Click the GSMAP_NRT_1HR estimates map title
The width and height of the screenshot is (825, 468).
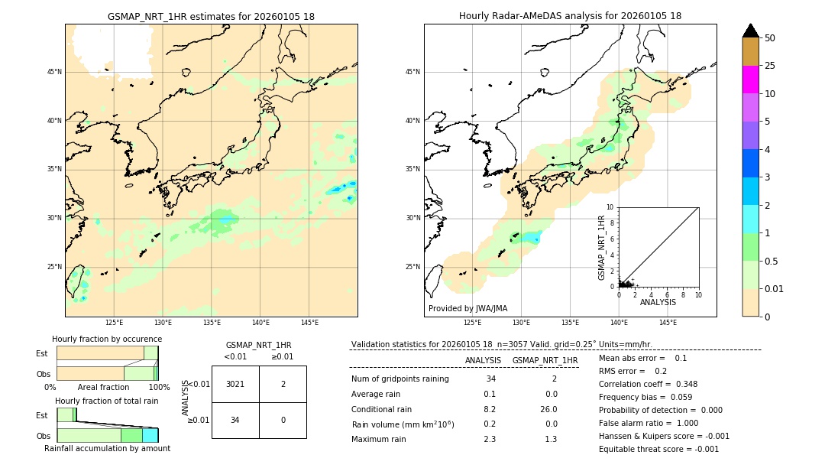click(211, 16)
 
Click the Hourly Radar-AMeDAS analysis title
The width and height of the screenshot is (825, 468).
click(570, 16)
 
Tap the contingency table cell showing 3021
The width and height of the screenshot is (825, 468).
click(235, 384)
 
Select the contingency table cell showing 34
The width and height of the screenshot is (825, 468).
click(235, 420)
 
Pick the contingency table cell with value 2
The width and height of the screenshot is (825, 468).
click(283, 384)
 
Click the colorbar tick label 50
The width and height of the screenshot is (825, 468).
click(770, 37)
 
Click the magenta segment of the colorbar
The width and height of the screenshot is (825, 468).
click(750, 80)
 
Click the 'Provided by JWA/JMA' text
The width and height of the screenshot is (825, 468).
click(467, 309)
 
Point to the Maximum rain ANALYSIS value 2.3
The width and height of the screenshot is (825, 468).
click(490, 439)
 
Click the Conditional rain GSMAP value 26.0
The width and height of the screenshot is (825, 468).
click(551, 409)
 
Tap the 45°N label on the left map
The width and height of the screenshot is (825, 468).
click(55, 72)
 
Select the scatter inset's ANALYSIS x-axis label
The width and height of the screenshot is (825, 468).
click(658, 302)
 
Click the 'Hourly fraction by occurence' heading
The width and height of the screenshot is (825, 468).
click(107, 339)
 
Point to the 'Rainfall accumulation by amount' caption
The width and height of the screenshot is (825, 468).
click(107, 448)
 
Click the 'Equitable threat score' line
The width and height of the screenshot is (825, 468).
click(658, 449)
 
